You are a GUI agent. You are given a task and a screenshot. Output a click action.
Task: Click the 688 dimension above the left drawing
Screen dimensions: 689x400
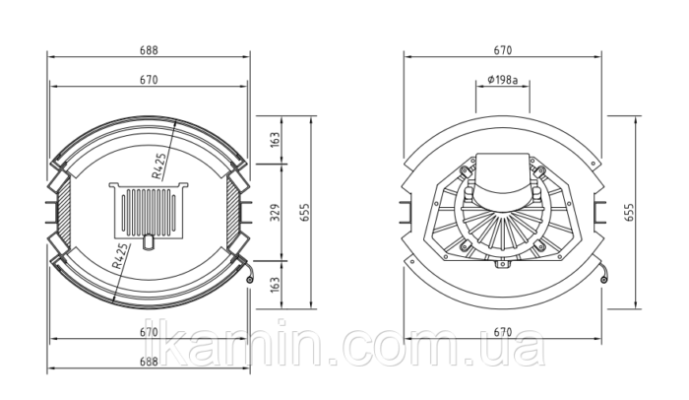[x=149, y=50]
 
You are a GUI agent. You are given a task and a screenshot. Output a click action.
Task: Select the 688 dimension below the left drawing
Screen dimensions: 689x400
[x=149, y=362]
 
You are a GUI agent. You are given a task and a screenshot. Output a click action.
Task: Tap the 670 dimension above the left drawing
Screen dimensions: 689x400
[x=149, y=80]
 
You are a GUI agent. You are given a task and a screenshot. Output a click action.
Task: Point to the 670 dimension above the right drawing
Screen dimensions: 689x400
[x=503, y=50]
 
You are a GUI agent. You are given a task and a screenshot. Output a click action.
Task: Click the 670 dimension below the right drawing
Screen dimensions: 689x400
[x=503, y=332]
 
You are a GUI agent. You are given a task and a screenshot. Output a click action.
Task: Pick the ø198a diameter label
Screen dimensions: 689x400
[x=503, y=80]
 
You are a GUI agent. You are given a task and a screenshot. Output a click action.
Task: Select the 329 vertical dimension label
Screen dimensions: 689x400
[x=275, y=213]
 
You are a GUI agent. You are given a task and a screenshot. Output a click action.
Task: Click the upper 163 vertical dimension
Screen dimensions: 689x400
[x=275, y=140]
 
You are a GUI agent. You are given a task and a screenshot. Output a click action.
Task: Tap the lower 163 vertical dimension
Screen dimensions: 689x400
[x=275, y=285]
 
